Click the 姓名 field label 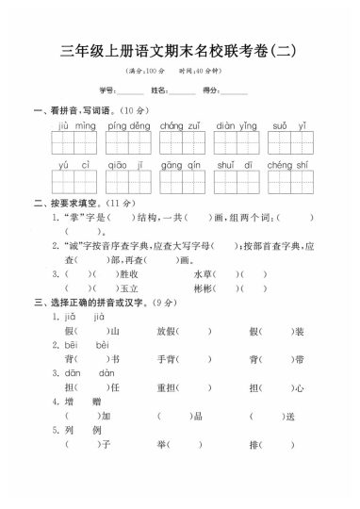159,90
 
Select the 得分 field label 210,90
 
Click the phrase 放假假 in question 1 166,331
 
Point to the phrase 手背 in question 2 166,359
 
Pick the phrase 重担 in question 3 166,386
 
